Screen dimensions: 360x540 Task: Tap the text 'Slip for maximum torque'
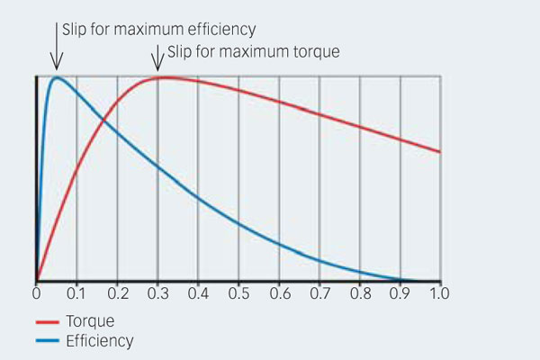click(x=252, y=51)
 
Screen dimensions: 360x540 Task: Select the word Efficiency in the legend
click(x=99, y=340)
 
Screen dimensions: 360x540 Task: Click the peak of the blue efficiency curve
click(x=57, y=77)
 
